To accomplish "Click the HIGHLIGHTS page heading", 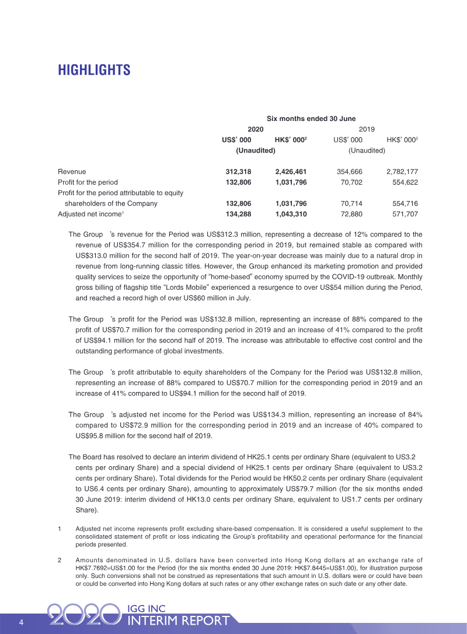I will coord(94,71).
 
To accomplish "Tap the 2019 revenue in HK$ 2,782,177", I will coord(402,171).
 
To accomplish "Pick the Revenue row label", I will coord(72,171).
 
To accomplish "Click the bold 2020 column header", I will coord(256,129).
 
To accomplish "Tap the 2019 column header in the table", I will coord(367,129).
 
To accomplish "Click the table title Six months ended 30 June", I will coord(311,118).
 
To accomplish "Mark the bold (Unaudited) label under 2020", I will coord(256,150).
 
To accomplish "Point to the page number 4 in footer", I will coord(21,621).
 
